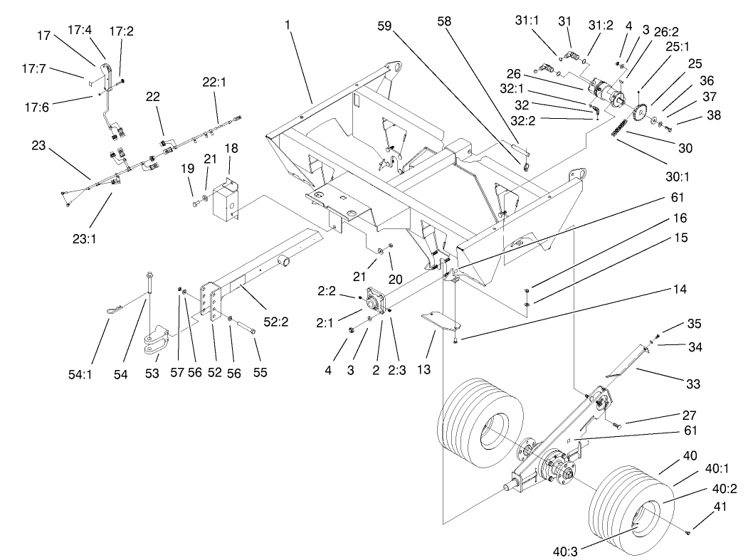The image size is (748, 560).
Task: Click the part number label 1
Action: click(288, 25)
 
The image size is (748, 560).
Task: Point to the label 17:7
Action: click(33, 68)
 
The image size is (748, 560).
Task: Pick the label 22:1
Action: click(214, 83)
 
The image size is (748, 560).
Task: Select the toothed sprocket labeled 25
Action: click(641, 112)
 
